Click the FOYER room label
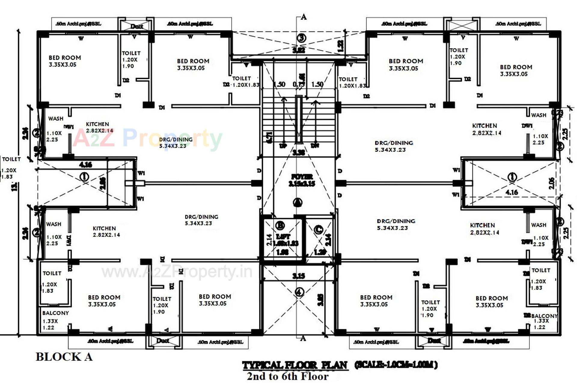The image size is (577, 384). [x=302, y=177]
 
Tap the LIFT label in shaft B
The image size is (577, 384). [x=283, y=236]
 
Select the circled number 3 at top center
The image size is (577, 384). [x=301, y=38]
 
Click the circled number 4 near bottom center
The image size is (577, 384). [x=299, y=292]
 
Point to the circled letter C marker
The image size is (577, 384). [x=318, y=230]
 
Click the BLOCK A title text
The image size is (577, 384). [x=64, y=357]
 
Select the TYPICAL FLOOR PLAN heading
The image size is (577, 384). [x=295, y=365]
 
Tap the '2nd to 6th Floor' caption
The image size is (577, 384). [x=288, y=376]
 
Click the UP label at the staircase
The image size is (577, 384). [x=283, y=146]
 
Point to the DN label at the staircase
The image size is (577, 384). [x=315, y=146]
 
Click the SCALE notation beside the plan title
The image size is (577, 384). [x=396, y=365]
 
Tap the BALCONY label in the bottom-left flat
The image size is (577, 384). [x=56, y=313]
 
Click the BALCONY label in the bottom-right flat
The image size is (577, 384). [x=544, y=316]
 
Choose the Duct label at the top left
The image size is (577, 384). [x=136, y=26]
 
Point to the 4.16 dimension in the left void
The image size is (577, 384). [x=85, y=165]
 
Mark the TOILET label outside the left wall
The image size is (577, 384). [x=11, y=159]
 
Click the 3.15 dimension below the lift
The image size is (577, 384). [x=299, y=276]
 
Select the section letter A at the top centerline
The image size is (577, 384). [x=304, y=17]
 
